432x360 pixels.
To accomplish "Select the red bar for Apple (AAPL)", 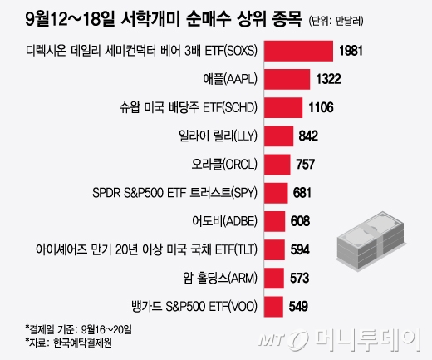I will [x=282, y=80].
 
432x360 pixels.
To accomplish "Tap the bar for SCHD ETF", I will [x=277, y=108].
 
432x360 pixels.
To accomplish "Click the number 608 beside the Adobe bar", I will [x=300, y=220].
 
